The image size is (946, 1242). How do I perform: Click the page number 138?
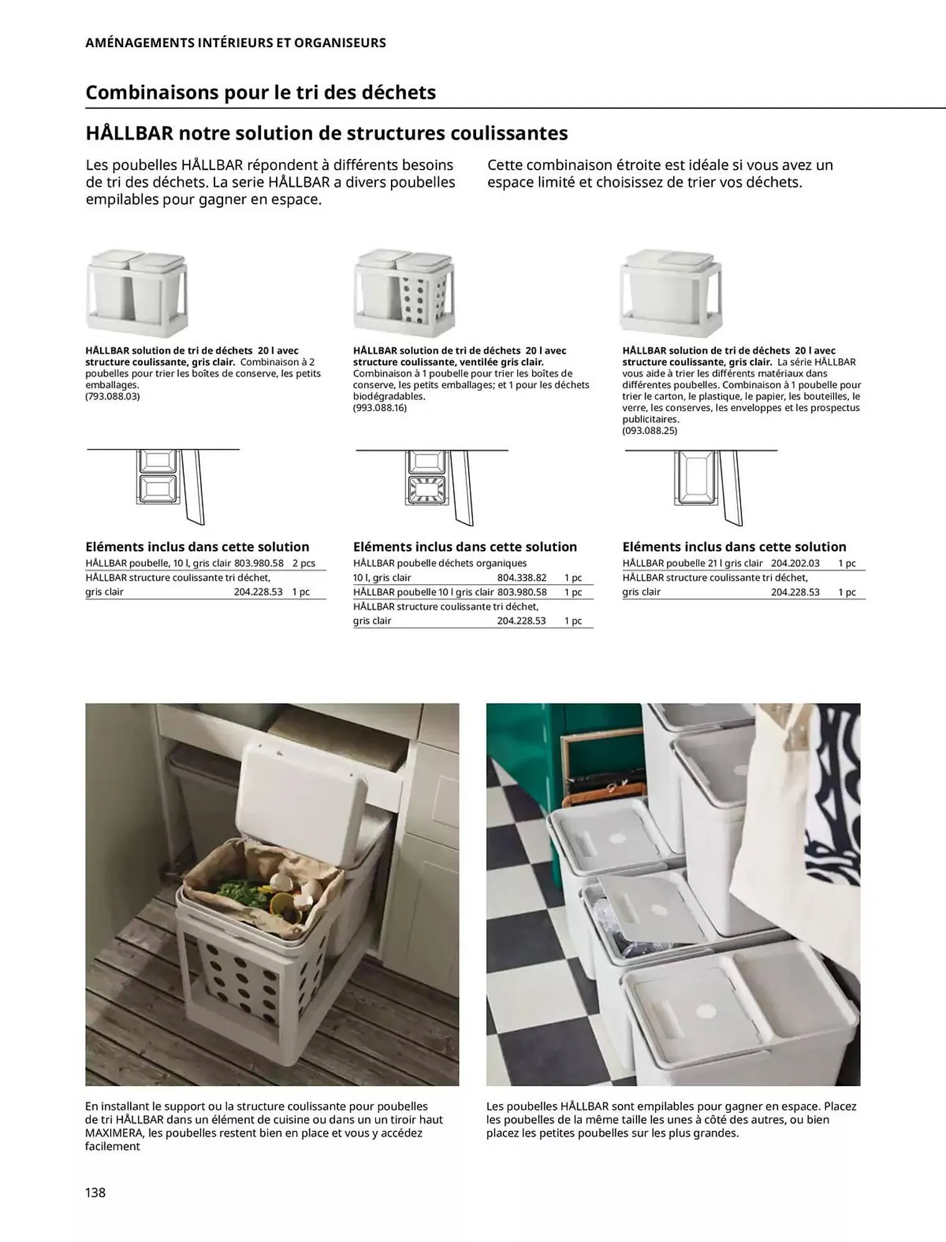pyautogui.click(x=96, y=1192)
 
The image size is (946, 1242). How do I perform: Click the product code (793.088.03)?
pyautogui.click(x=113, y=396)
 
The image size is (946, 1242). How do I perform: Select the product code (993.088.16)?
pyautogui.click(x=380, y=408)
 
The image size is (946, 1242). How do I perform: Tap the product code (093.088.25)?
pyautogui.click(x=650, y=430)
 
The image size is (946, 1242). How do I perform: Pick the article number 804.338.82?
pyautogui.click(x=521, y=578)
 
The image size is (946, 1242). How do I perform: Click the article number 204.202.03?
pyautogui.click(x=795, y=563)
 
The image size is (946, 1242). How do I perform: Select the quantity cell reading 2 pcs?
pyautogui.click(x=303, y=563)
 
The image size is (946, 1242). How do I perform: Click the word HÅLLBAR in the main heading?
pyautogui.click(x=129, y=133)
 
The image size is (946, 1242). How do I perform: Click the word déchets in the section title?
pyautogui.click(x=398, y=93)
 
